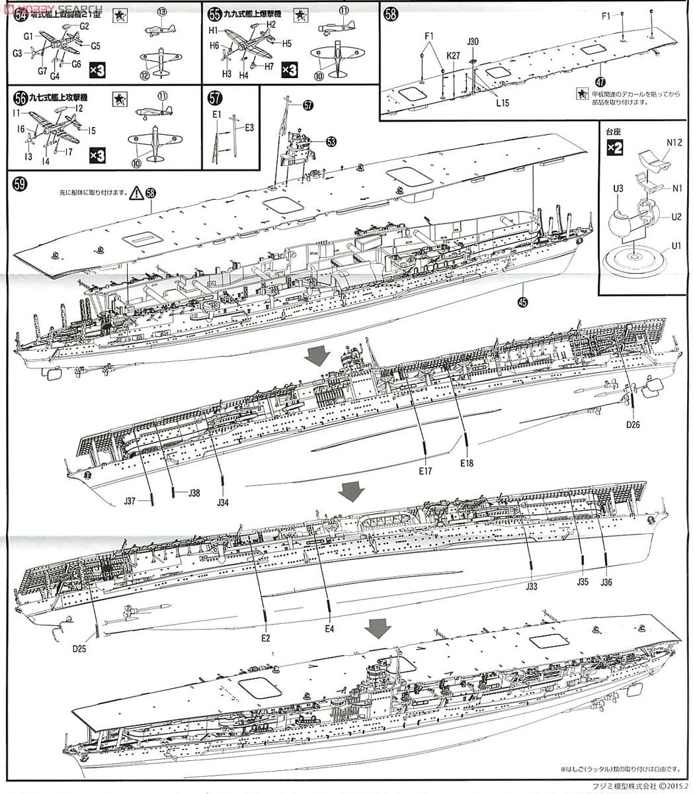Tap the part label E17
(x=425, y=471)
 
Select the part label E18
(x=467, y=463)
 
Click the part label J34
(x=223, y=503)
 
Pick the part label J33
(x=532, y=586)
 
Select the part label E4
(x=329, y=628)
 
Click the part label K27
(x=453, y=56)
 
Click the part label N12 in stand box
(x=674, y=142)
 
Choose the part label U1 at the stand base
(x=676, y=246)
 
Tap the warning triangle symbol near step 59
(x=136, y=193)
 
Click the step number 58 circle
(x=391, y=13)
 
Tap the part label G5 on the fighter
(x=95, y=46)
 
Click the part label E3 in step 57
(x=249, y=127)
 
